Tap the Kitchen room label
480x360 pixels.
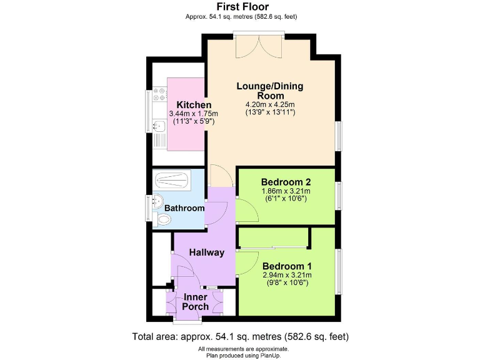click(x=194, y=104)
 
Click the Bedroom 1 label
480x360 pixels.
click(x=287, y=265)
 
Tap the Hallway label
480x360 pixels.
click(x=207, y=252)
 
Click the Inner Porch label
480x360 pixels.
click(x=195, y=301)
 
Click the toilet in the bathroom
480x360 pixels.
click(x=164, y=219)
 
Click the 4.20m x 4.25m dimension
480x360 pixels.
click(x=271, y=104)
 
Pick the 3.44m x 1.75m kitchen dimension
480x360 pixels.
click(x=193, y=114)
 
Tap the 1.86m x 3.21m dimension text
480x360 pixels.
click(x=286, y=191)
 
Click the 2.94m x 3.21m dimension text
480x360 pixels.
click(x=287, y=274)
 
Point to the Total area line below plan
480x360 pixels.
click(x=240, y=336)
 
